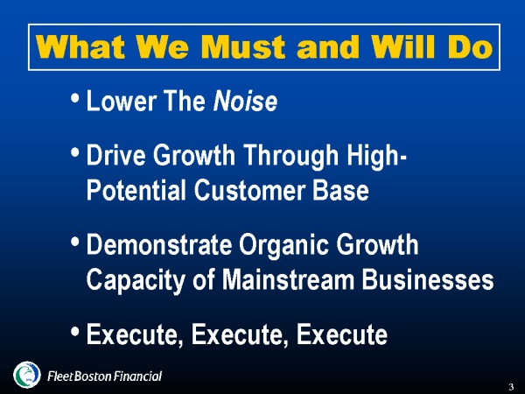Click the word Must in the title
(x=242, y=46)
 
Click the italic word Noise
(x=245, y=101)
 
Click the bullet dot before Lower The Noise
(x=75, y=98)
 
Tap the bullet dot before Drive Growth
(x=75, y=152)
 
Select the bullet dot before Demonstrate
(x=75, y=242)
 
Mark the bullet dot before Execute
(x=75, y=332)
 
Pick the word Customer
(x=249, y=190)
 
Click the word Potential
(x=136, y=190)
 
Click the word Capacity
(x=136, y=280)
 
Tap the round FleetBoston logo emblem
(x=27, y=375)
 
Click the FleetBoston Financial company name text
(x=104, y=376)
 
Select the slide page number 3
(x=511, y=387)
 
